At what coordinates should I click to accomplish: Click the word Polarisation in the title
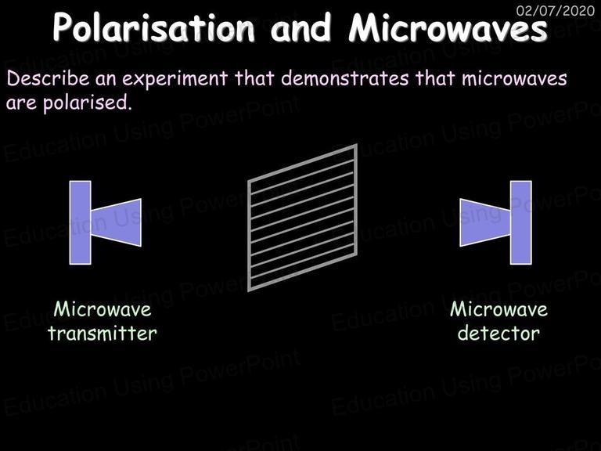(153, 27)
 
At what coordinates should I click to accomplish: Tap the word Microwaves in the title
(448, 27)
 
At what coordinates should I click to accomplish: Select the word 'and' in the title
(300, 27)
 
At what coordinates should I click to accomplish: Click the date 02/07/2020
(556, 10)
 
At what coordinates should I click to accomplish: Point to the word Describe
(48, 78)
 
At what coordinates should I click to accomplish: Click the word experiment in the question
(175, 79)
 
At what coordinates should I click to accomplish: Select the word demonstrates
(345, 78)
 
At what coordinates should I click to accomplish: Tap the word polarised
(88, 103)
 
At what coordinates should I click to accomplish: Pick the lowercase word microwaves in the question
(514, 78)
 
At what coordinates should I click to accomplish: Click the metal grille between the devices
(302, 218)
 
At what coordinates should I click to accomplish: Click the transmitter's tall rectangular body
(80, 222)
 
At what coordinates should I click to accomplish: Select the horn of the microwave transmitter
(116, 222)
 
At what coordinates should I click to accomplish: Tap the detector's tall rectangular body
(521, 222)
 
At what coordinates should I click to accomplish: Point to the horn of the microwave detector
(485, 222)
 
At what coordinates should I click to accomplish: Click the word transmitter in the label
(103, 333)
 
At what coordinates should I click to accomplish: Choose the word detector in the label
(498, 333)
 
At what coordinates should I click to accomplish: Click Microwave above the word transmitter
(103, 309)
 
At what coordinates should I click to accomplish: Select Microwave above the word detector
(498, 309)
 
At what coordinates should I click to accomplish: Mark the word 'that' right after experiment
(254, 78)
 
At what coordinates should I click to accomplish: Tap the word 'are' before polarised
(21, 103)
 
